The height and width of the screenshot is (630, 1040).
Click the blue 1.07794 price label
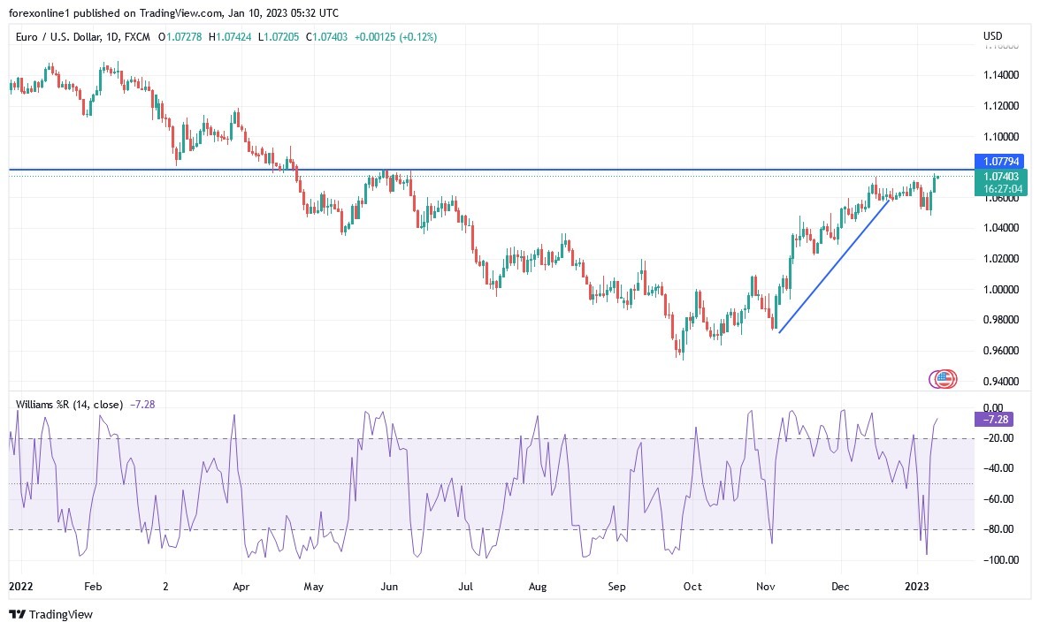click(1000, 162)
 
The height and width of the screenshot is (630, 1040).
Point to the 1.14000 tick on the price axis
click(1000, 75)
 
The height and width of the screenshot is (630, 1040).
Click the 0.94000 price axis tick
click(1000, 382)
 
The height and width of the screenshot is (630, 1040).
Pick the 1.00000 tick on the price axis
click(1000, 290)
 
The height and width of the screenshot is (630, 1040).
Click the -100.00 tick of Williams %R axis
click(999, 560)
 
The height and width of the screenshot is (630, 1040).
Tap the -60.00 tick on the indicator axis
click(999, 499)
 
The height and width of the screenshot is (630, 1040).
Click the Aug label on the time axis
click(538, 586)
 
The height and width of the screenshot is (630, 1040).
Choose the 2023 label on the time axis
click(917, 586)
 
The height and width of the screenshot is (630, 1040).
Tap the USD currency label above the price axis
click(992, 36)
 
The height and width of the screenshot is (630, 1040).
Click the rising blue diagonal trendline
click(833, 266)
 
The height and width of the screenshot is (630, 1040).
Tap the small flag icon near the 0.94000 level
click(944, 380)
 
